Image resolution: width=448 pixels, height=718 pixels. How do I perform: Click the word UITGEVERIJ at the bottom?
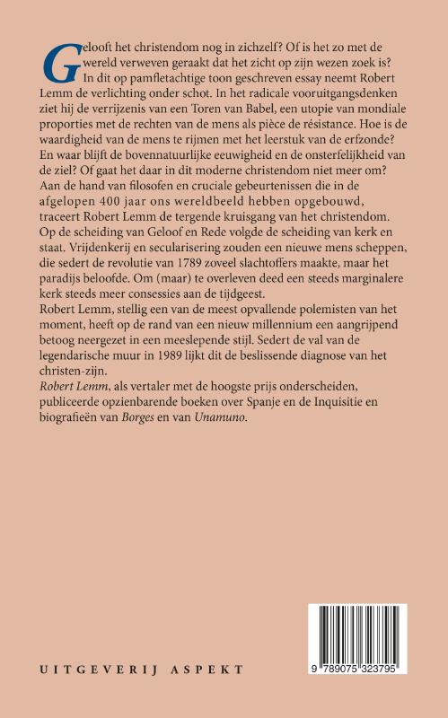click(89, 669)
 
